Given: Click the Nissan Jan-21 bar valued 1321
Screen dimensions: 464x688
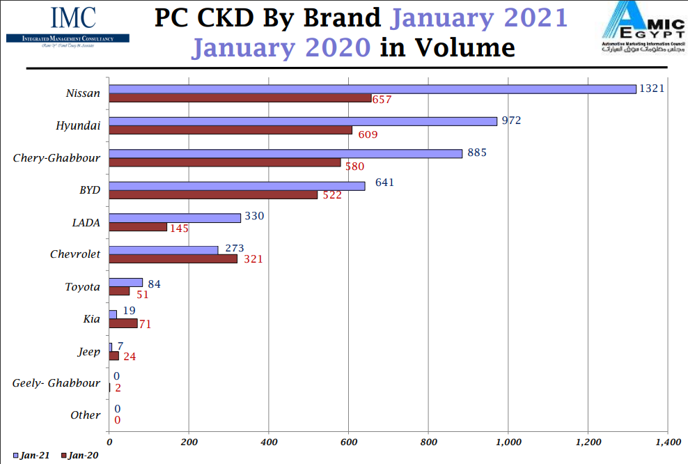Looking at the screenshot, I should coord(373,89).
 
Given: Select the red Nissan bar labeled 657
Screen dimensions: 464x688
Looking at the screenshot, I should coord(240,98).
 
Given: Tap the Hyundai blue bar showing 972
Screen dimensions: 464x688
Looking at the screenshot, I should coord(303,121).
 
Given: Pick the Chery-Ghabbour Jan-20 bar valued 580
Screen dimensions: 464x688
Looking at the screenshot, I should coord(225,162).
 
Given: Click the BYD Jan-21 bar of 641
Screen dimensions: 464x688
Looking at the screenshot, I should coord(237,186).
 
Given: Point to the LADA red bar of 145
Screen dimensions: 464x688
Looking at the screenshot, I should coord(138,227).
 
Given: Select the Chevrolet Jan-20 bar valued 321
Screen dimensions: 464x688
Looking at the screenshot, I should coord(173,258).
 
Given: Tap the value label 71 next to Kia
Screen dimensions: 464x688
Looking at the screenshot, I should coord(145,324).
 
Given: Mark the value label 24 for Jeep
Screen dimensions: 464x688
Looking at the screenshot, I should coord(130,356).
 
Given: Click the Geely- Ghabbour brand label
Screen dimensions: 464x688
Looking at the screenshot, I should coord(56,383).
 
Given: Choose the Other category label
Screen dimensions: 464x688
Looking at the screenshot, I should coord(85,415).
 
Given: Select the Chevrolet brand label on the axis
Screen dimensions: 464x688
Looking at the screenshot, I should coord(75,254).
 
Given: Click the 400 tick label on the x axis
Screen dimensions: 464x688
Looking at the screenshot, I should coord(269,442).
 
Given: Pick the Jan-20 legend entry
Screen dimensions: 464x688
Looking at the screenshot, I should coord(79,456).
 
